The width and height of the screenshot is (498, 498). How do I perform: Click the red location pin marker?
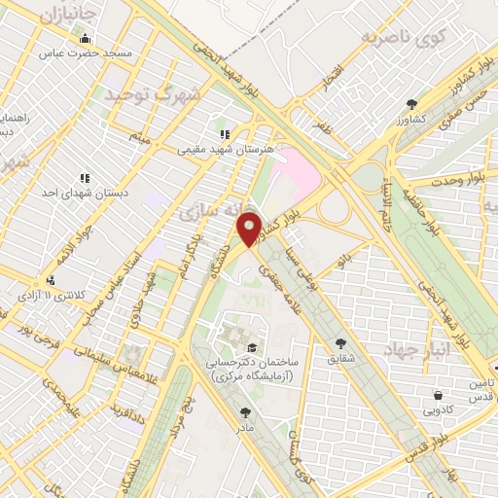click(250, 228)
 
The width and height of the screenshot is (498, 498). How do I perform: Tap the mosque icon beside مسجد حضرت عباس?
click(87, 39)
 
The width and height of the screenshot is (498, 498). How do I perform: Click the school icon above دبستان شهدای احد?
click(86, 178)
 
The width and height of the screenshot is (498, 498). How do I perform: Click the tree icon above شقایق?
click(340, 342)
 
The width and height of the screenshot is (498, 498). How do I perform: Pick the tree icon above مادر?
click(244, 412)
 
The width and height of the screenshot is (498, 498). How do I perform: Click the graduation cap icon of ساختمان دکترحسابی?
click(252, 347)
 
